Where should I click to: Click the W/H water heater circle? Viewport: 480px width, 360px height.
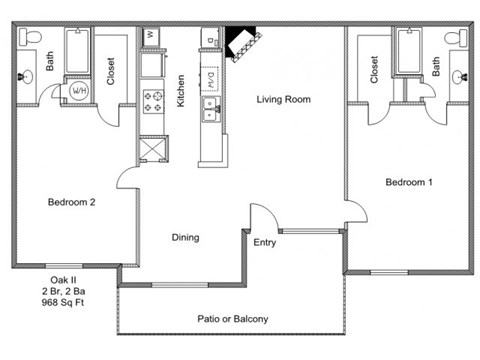point(79,90)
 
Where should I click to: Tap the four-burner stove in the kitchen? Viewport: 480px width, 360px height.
point(153,102)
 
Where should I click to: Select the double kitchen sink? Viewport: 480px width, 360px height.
point(211,109)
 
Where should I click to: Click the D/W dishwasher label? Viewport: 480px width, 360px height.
point(211,80)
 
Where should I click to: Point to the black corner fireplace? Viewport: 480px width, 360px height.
point(242,43)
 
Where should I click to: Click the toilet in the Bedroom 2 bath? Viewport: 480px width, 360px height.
point(30,37)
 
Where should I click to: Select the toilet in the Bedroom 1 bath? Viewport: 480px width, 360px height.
point(456,38)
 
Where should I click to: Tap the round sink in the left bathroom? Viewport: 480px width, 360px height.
point(26,76)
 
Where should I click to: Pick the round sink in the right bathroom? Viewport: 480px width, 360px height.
point(460,77)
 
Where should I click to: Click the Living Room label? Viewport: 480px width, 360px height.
point(284,99)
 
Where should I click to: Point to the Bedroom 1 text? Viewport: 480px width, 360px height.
point(409,182)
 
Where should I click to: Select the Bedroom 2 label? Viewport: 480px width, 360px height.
point(71,202)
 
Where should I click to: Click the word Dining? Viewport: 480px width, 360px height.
point(185,238)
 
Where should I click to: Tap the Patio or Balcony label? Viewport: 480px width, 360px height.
point(233,319)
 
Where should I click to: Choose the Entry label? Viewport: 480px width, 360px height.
point(265,243)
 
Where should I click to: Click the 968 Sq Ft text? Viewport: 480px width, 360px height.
point(63,303)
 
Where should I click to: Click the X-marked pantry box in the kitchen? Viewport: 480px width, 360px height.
point(153,149)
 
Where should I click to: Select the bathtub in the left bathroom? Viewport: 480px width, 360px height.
point(77,51)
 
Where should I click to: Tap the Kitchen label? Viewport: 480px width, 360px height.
point(180,91)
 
